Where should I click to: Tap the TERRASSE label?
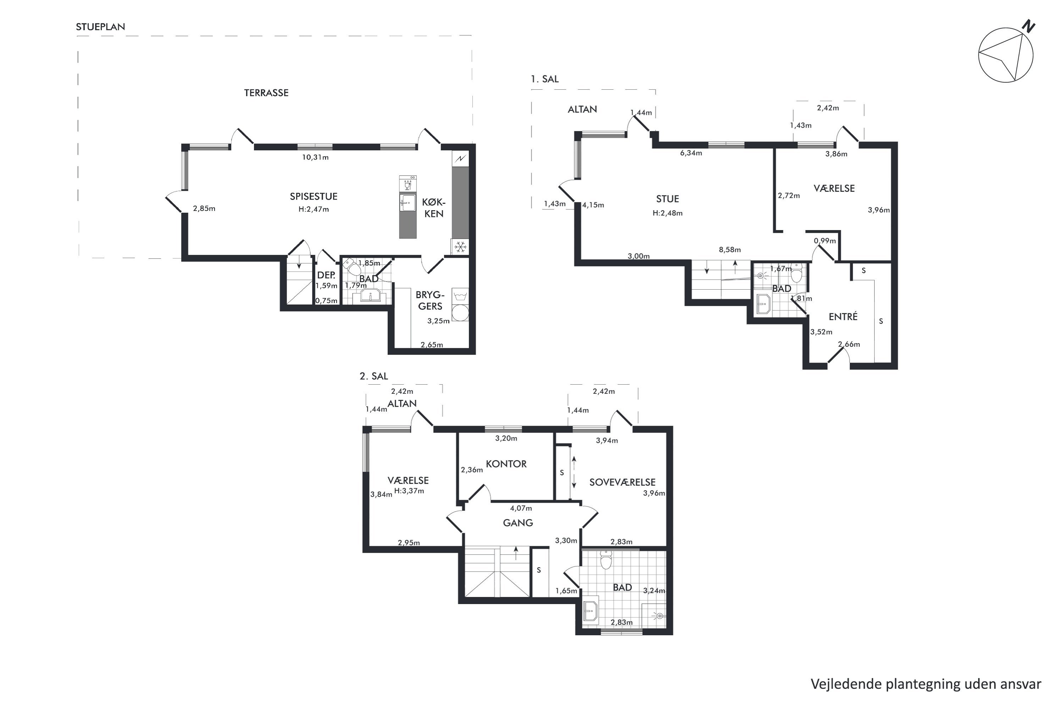[266, 93]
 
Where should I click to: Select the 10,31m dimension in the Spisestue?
[315, 157]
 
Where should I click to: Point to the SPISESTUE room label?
[314, 196]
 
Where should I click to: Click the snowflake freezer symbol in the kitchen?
[460, 247]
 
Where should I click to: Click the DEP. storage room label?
[326, 275]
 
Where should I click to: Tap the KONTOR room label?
[506, 464]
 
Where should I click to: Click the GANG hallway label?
[518, 523]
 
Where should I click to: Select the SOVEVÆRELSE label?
[622, 482]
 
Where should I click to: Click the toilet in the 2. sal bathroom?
[606, 560]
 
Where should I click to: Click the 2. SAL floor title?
[374, 376]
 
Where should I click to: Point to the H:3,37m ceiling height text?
[409, 491]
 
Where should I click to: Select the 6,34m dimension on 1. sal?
[691, 153]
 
